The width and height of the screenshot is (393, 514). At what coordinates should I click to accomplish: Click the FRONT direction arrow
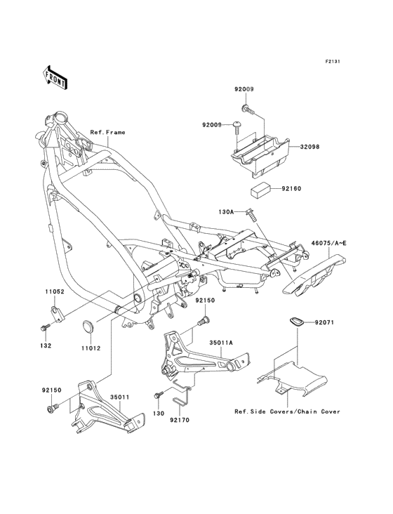click(55, 77)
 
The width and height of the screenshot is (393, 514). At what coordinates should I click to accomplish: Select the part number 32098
click(309, 147)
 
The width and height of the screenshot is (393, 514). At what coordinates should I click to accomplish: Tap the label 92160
click(291, 189)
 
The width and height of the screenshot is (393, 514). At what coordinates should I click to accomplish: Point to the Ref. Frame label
click(108, 133)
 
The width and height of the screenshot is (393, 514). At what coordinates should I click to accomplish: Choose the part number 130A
click(226, 212)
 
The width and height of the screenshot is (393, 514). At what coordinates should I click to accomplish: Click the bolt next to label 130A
click(251, 215)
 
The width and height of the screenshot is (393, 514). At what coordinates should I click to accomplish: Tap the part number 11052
click(55, 291)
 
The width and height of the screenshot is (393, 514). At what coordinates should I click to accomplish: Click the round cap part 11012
click(88, 327)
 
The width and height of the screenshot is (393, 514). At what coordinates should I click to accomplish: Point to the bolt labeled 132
click(46, 327)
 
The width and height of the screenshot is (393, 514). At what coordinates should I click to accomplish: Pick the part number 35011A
click(221, 343)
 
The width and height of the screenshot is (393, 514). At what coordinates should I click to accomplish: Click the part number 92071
click(324, 322)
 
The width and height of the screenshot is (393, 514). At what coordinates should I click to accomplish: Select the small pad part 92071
click(296, 322)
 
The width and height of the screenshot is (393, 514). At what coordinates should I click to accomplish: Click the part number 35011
click(119, 397)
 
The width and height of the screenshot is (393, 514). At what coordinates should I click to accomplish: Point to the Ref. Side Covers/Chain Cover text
click(287, 411)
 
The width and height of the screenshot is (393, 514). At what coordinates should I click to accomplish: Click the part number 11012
click(91, 348)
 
